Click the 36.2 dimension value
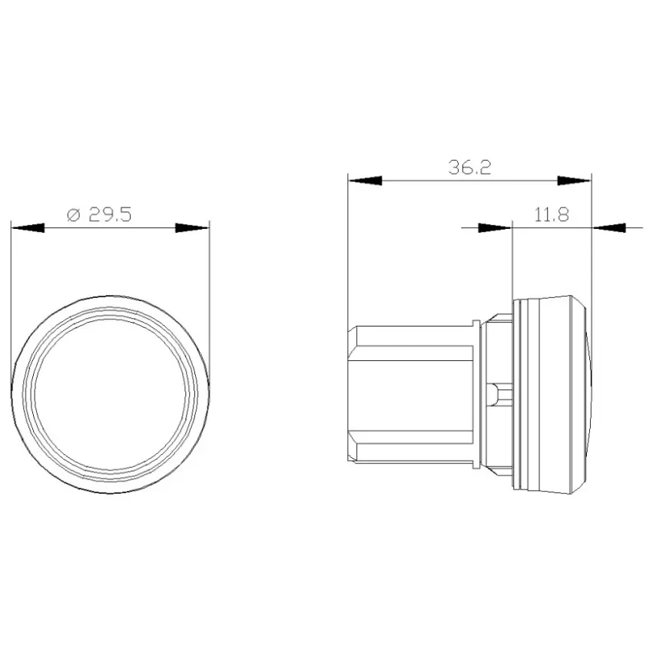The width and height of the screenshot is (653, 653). click(x=469, y=167)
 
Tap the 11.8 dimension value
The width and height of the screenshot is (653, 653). click(x=552, y=215)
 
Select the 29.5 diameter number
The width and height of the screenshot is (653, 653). click(x=110, y=215)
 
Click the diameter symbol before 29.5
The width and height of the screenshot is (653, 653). click(x=73, y=215)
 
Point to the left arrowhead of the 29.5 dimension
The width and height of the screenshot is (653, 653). click(x=28, y=228)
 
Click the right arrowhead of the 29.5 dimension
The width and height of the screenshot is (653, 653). click(x=192, y=228)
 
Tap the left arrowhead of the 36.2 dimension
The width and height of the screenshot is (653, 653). click(x=365, y=181)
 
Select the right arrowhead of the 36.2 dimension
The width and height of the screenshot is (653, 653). click(x=575, y=181)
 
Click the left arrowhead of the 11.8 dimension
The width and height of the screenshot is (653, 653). click(x=496, y=228)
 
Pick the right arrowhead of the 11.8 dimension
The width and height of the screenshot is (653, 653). click(x=608, y=228)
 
